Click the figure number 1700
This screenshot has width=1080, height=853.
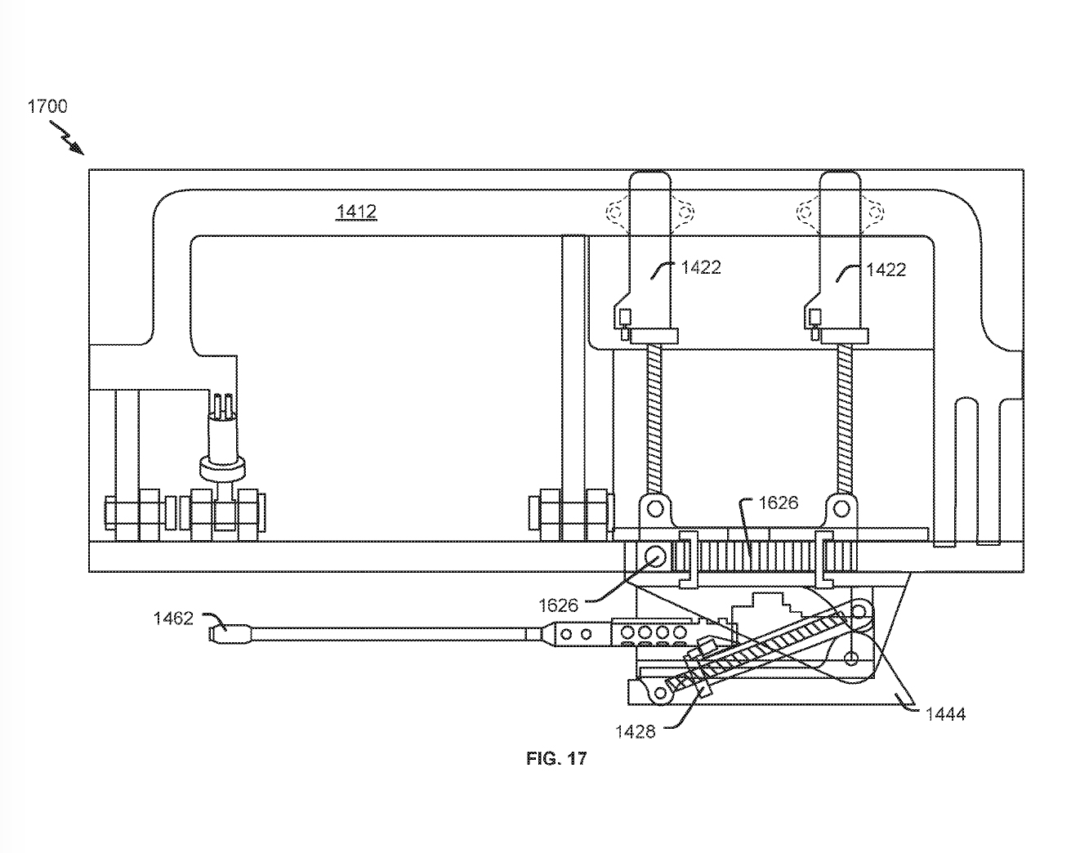tap(47, 106)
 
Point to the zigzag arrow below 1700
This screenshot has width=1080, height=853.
tap(67, 137)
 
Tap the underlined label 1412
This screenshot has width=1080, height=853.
tap(356, 212)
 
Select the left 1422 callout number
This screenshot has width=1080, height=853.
tap(701, 268)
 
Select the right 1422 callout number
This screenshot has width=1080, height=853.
tap(886, 270)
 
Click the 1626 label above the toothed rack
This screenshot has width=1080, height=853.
tap(779, 502)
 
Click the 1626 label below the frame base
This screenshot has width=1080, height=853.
tap(559, 605)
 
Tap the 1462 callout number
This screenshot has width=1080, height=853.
tap(173, 619)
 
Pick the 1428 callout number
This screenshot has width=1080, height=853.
tap(636, 731)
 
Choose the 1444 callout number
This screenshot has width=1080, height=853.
tap(945, 713)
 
